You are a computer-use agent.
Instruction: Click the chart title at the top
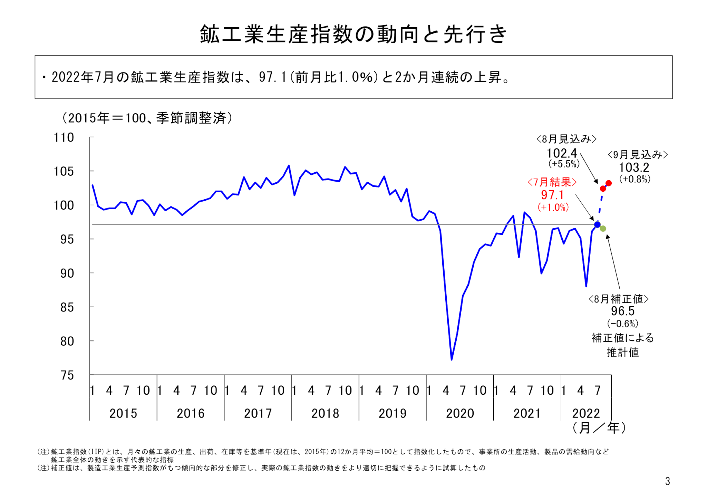[353, 35]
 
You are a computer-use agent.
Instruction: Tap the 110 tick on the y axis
[64, 137]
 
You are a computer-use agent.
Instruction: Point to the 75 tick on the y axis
[67, 375]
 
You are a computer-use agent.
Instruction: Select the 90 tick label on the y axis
[67, 273]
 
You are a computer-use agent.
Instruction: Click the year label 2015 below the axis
[123, 413]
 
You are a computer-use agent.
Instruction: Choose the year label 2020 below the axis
[459, 413]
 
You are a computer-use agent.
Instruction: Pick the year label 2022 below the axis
[586, 413]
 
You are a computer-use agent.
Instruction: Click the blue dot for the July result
[597, 225]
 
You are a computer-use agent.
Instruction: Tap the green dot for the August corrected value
[603, 229]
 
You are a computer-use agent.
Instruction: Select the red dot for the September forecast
[609, 183]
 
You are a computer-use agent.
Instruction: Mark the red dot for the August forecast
[603, 189]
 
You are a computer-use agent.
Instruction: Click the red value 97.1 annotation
[552, 195]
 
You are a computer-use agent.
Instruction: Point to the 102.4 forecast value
[562, 153]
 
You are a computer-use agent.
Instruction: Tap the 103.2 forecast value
[634, 168]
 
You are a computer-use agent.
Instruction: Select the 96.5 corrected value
[623, 311]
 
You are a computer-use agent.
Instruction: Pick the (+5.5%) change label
[564, 164]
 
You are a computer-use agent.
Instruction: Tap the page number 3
[667, 481]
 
